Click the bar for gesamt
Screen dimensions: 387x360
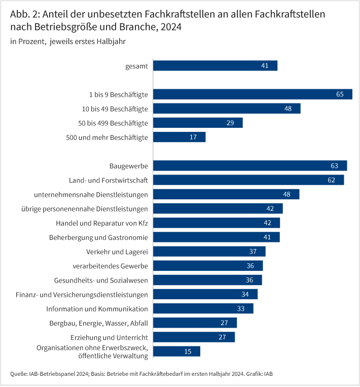click(x=215, y=65)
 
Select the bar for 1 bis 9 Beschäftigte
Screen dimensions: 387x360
click(x=253, y=94)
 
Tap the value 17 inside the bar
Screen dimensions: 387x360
click(x=193, y=137)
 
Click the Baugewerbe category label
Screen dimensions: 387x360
click(x=129, y=166)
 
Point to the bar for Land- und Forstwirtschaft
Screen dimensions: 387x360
click(x=248, y=180)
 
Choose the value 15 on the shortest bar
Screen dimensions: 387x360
click(x=188, y=351)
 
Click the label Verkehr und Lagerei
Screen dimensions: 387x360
click(x=118, y=252)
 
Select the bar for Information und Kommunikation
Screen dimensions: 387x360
click(x=203, y=308)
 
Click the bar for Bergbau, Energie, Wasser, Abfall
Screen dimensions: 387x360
click(x=195, y=323)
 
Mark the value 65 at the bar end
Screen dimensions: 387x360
click(x=340, y=94)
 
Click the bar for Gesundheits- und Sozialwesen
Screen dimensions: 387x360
click(x=207, y=280)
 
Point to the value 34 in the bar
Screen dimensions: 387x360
click(x=245, y=294)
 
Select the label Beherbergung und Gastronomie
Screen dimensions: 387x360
click(x=98, y=237)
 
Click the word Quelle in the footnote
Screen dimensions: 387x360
click(x=19, y=374)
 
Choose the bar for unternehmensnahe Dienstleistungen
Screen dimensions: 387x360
click(x=226, y=194)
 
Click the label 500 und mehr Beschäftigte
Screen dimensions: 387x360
click(x=107, y=137)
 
